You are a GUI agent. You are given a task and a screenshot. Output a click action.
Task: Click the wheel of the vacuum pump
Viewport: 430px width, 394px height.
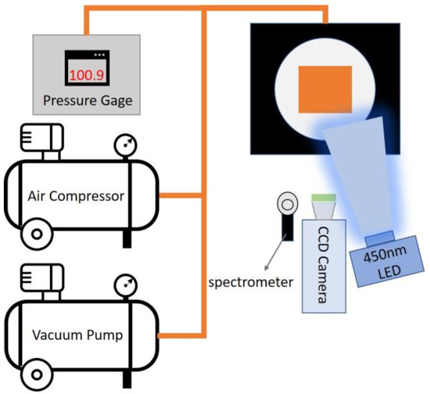pyautogui.click(x=33, y=372)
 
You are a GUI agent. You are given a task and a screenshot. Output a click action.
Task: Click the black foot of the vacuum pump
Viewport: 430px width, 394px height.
pyautogui.click(x=126, y=374)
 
